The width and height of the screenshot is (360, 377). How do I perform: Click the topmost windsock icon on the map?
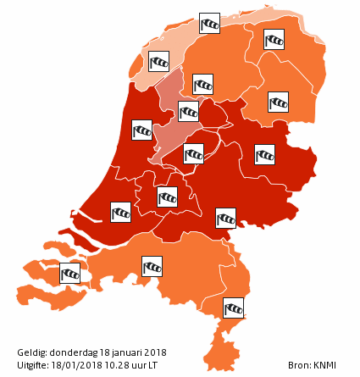(209, 23)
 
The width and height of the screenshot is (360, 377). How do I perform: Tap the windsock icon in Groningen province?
(273, 39)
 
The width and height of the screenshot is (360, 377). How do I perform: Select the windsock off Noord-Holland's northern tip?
(159, 61)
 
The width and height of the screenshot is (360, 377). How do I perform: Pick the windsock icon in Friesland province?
(202, 84)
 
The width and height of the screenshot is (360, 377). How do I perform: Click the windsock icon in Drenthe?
(279, 102)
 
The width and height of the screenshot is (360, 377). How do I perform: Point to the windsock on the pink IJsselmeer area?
(189, 111)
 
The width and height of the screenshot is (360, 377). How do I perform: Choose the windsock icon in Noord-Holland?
(141, 130)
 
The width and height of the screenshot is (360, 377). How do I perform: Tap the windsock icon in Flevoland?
(194, 153)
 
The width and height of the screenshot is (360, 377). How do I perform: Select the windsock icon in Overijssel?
(265, 154)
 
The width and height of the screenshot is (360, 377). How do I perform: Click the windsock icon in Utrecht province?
(168, 197)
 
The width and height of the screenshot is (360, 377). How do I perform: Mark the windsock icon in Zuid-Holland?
(121, 211)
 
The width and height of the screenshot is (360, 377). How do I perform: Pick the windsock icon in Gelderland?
(225, 218)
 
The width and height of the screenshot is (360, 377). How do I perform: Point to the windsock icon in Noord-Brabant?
(152, 267)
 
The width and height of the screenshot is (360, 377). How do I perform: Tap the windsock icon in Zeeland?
(70, 274)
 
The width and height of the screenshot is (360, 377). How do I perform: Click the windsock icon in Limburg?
(233, 307)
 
